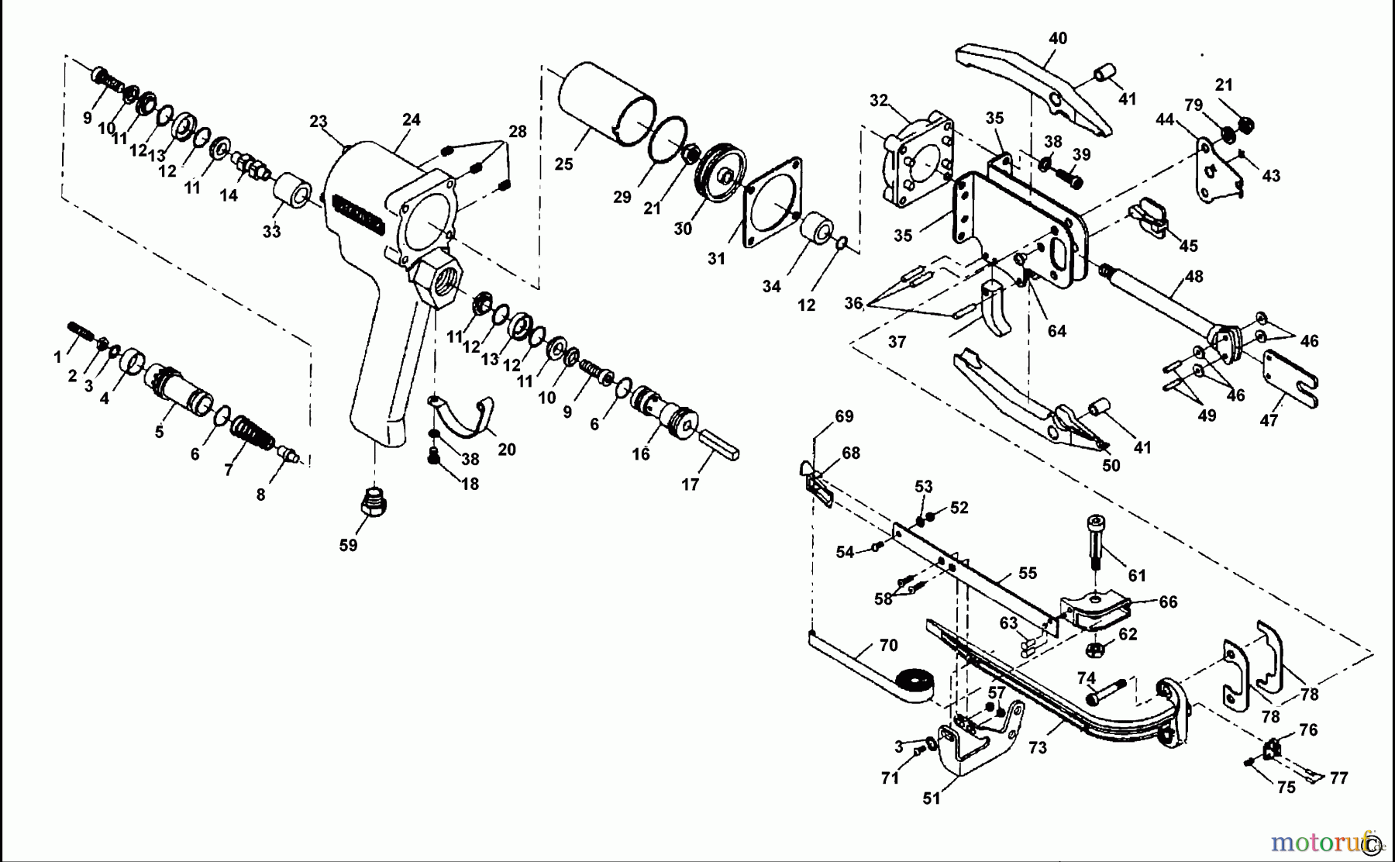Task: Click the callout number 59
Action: point(348,545)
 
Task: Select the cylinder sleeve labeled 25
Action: point(604,106)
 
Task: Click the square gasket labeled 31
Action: point(772,203)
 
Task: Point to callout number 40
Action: point(1058,38)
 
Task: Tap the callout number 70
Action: point(888,645)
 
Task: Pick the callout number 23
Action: point(319,122)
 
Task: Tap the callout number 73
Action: point(1037,747)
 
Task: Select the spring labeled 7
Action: point(252,433)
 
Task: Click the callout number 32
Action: point(878,100)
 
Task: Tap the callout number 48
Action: point(1193,275)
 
